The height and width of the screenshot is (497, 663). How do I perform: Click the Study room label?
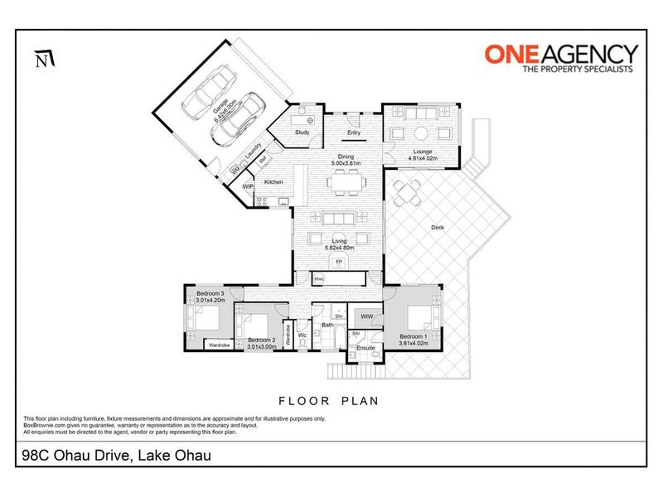[x=302, y=132]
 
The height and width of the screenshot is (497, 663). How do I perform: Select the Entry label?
[x=354, y=133]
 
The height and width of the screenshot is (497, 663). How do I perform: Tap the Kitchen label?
[x=273, y=181]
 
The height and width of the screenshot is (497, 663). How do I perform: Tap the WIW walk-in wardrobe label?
[x=365, y=316]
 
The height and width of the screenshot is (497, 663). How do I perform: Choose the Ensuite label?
[x=366, y=348]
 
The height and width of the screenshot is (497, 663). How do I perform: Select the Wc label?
[x=302, y=335]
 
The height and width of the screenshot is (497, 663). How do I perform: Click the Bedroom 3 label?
[x=211, y=293]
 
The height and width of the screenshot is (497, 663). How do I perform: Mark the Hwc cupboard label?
[x=319, y=279]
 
